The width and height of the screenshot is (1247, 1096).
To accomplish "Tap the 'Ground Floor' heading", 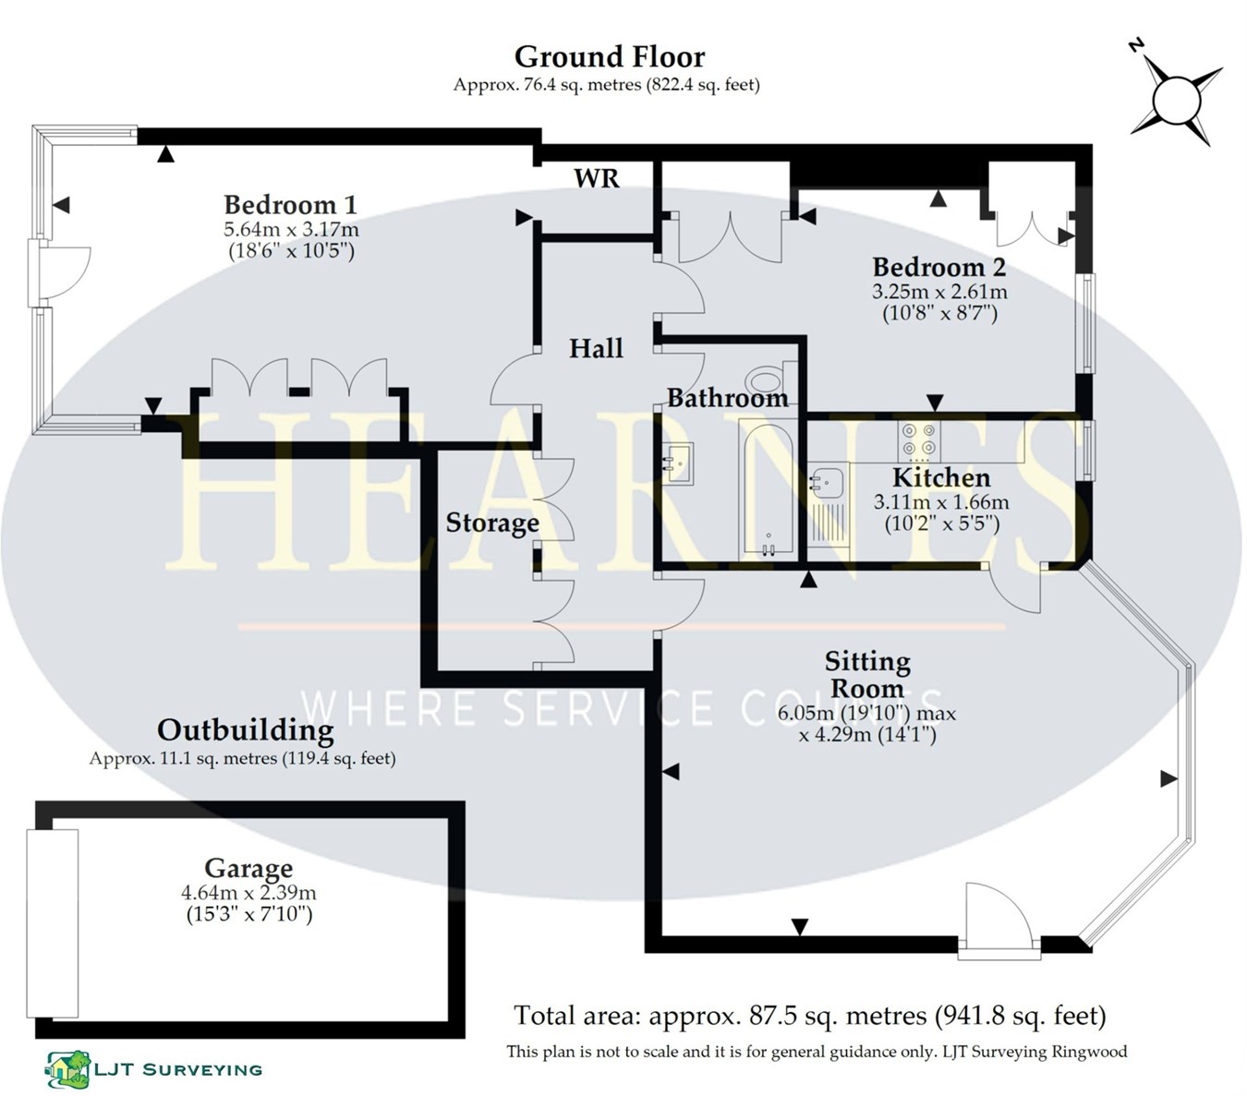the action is coord(609,57).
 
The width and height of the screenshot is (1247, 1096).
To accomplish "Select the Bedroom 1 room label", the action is coord(290,205).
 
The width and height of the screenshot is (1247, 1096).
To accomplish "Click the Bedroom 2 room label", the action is coord(938,268).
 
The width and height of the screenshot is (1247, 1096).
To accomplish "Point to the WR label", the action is coord(597,178).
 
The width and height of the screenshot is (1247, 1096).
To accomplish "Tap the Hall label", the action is coord(596,349).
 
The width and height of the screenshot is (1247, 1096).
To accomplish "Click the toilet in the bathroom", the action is coord(765,379).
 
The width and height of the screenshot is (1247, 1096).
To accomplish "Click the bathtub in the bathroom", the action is coord(767,489).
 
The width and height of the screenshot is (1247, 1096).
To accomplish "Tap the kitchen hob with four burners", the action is coord(919,440).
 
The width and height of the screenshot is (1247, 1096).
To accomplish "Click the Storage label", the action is coord(492,524).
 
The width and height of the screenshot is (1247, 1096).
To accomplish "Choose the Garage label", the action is coord(248,869).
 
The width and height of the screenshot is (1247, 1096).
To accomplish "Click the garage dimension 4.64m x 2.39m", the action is coord(248,894).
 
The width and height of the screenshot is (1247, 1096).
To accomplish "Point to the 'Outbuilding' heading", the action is coord(245,730).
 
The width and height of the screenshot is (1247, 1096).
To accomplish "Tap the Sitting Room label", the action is coord(866,675).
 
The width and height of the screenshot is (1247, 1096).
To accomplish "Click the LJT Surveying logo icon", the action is coord(68,1069).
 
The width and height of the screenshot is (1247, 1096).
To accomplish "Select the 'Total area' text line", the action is coord(809,1017).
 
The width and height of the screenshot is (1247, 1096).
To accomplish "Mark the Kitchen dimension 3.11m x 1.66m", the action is coord(941,503).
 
